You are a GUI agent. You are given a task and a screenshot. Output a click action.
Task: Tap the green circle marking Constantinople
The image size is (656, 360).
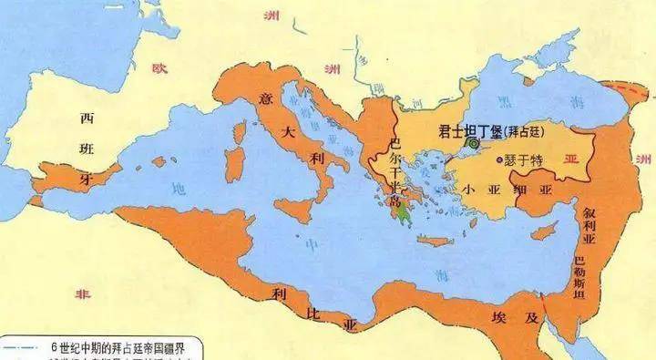[x=473, y=143]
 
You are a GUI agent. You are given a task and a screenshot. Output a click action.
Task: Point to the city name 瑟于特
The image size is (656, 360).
[x=523, y=160]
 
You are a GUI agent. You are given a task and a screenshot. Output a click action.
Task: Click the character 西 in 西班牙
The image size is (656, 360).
[x=87, y=118]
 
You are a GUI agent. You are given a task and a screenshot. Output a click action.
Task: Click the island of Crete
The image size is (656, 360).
[x=436, y=241]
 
